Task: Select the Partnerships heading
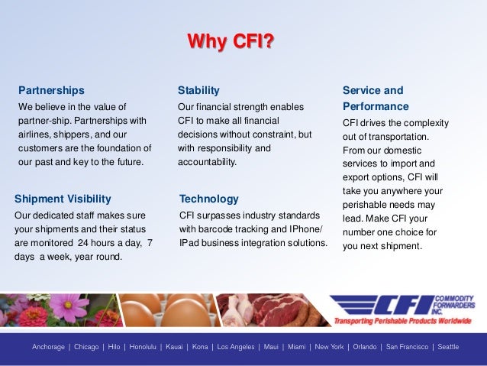[x=51, y=90]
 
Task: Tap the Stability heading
[x=198, y=90]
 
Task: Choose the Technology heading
[x=208, y=199]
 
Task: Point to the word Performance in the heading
[x=376, y=106]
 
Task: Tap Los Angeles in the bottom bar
[x=235, y=347]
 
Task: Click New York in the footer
[x=329, y=347]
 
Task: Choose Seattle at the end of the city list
[x=448, y=347]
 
